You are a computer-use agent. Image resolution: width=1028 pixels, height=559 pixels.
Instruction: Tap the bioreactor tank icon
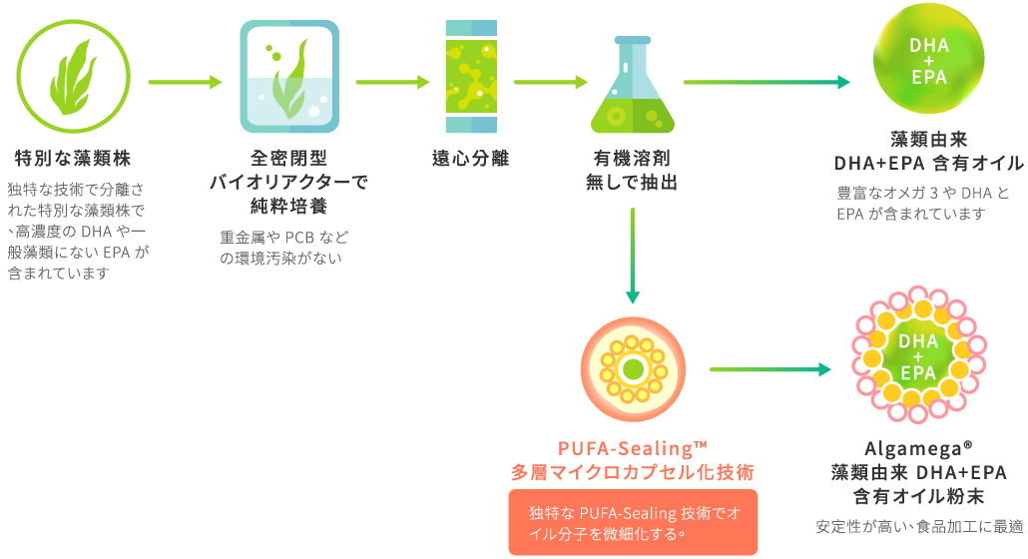[x=288, y=79]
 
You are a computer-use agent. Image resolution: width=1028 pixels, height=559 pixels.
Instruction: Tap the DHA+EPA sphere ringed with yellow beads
[x=917, y=358]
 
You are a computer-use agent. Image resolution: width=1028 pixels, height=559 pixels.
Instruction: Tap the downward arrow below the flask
[x=632, y=256]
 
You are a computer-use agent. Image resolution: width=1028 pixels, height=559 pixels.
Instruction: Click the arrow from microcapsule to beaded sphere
[x=770, y=370]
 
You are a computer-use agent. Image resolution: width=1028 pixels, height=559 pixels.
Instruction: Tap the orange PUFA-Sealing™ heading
[x=631, y=448]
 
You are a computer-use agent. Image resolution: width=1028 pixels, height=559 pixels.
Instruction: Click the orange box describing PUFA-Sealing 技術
[x=633, y=522]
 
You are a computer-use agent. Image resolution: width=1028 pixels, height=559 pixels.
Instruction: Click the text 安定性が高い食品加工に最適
[x=919, y=526]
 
